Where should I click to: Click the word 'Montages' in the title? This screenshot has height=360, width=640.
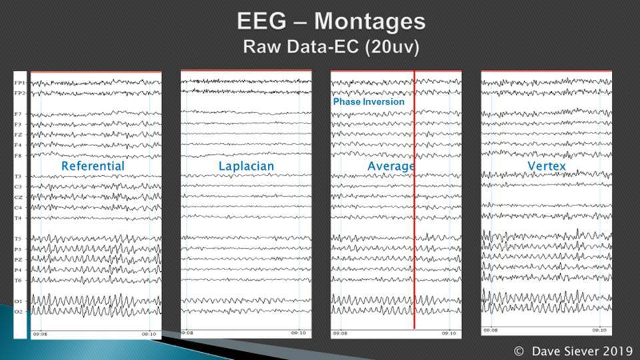[369, 21]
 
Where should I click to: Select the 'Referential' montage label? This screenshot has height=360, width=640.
[93, 165]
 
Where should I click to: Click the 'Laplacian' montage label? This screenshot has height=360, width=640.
[246, 165]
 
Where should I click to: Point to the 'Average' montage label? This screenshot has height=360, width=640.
[391, 165]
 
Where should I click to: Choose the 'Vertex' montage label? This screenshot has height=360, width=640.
[547, 165]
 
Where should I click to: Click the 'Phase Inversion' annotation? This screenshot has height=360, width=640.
[369, 102]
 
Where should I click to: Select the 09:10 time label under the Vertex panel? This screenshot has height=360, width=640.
[601, 330]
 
